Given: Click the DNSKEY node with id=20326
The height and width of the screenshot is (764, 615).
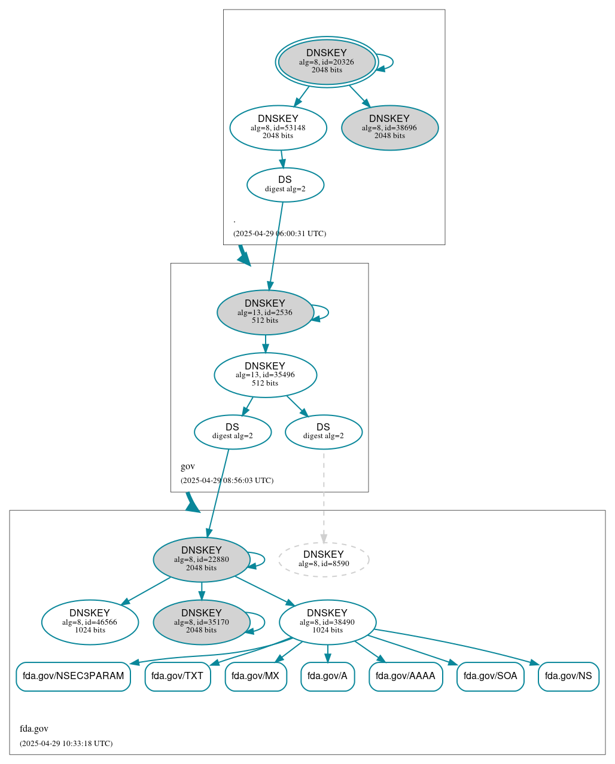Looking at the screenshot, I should tap(327, 62).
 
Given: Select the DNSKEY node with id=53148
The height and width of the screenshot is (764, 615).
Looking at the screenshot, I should tap(278, 127).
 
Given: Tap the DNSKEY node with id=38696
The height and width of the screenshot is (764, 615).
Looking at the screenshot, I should tap(389, 127).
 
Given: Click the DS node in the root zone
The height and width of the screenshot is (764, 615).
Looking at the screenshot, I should tap(285, 185).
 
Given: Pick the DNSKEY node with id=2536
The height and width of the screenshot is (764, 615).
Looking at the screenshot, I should tap(265, 312).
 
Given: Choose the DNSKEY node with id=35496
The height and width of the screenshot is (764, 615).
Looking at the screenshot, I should tap(265, 375).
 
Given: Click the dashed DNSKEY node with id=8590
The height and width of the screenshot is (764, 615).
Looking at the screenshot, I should tap(324, 560).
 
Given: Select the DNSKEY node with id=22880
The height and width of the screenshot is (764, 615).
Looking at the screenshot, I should tap(202, 560).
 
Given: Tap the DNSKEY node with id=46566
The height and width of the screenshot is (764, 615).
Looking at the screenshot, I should tap(90, 622).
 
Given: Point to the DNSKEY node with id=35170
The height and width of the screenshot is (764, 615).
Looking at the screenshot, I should tap(202, 622).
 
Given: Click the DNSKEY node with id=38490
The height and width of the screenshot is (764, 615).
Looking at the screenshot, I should tap(327, 622).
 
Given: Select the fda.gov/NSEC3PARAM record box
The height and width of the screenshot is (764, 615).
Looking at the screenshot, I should tap(73, 676).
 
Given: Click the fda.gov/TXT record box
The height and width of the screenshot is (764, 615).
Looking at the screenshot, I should tap(178, 676).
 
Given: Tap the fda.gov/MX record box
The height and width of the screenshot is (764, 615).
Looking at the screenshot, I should tap(255, 676).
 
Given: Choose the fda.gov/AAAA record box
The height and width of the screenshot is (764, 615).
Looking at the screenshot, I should tap(406, 676).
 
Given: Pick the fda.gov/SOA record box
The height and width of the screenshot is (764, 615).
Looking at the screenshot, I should tap(490, 676).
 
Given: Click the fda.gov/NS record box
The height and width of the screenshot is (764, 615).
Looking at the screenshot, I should tap(568, 676).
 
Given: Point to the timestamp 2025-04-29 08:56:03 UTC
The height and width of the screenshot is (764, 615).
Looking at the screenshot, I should tap(227, 481).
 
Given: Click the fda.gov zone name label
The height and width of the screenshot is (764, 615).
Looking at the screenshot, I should tap(34, 729).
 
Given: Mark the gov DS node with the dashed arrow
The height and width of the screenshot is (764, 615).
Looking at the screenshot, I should tap(324, 432).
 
